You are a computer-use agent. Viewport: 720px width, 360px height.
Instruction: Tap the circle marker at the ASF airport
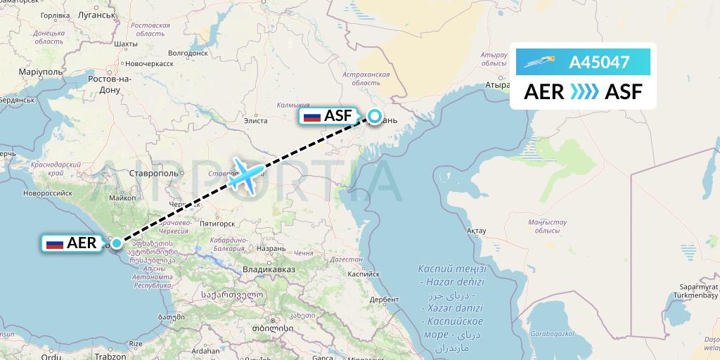click(375, 117)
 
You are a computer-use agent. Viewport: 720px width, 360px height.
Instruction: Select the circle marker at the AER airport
click(116, 244)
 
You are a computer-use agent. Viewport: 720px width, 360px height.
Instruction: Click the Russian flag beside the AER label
click(55, 244)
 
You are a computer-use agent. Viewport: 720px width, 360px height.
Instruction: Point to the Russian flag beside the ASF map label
click(311, 117)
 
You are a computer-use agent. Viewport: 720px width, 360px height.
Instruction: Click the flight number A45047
click(599, 63)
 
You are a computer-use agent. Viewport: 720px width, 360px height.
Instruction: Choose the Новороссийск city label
click(47, 191)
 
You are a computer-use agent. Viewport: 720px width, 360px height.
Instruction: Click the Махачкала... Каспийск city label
click(363, 274)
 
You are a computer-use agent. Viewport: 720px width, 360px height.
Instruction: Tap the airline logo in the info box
click(542, 63)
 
